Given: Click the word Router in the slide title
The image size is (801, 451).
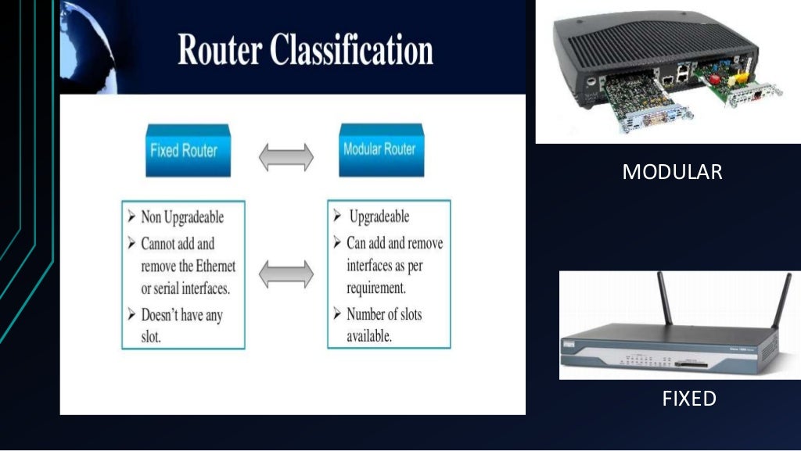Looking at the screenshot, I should pyautogui.click(x=220, y=51).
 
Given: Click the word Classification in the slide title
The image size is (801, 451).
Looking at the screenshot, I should pyautogui.click(x=351, y=51).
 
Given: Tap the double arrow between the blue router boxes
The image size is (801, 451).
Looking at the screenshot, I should pyautogui.click(x=286, y=157).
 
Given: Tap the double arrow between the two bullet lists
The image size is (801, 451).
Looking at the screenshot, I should pyautogui.click(x=286, y=274).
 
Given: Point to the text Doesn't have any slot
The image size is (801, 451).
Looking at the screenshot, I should pyautogui.click(x=181, y=327).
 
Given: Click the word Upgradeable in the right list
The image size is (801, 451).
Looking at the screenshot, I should pyautogui.click(x=379, y=217).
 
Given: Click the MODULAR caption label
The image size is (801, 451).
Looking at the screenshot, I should pyautogui.click(x=672, y=172).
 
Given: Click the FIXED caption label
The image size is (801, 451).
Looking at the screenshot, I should pyautogui.click(x=689, y=399).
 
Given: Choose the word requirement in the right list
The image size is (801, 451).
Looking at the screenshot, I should pyautogui.click(x=375, y=287).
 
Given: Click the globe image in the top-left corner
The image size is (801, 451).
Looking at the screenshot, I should pyautogui.click(x=87, y=39).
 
